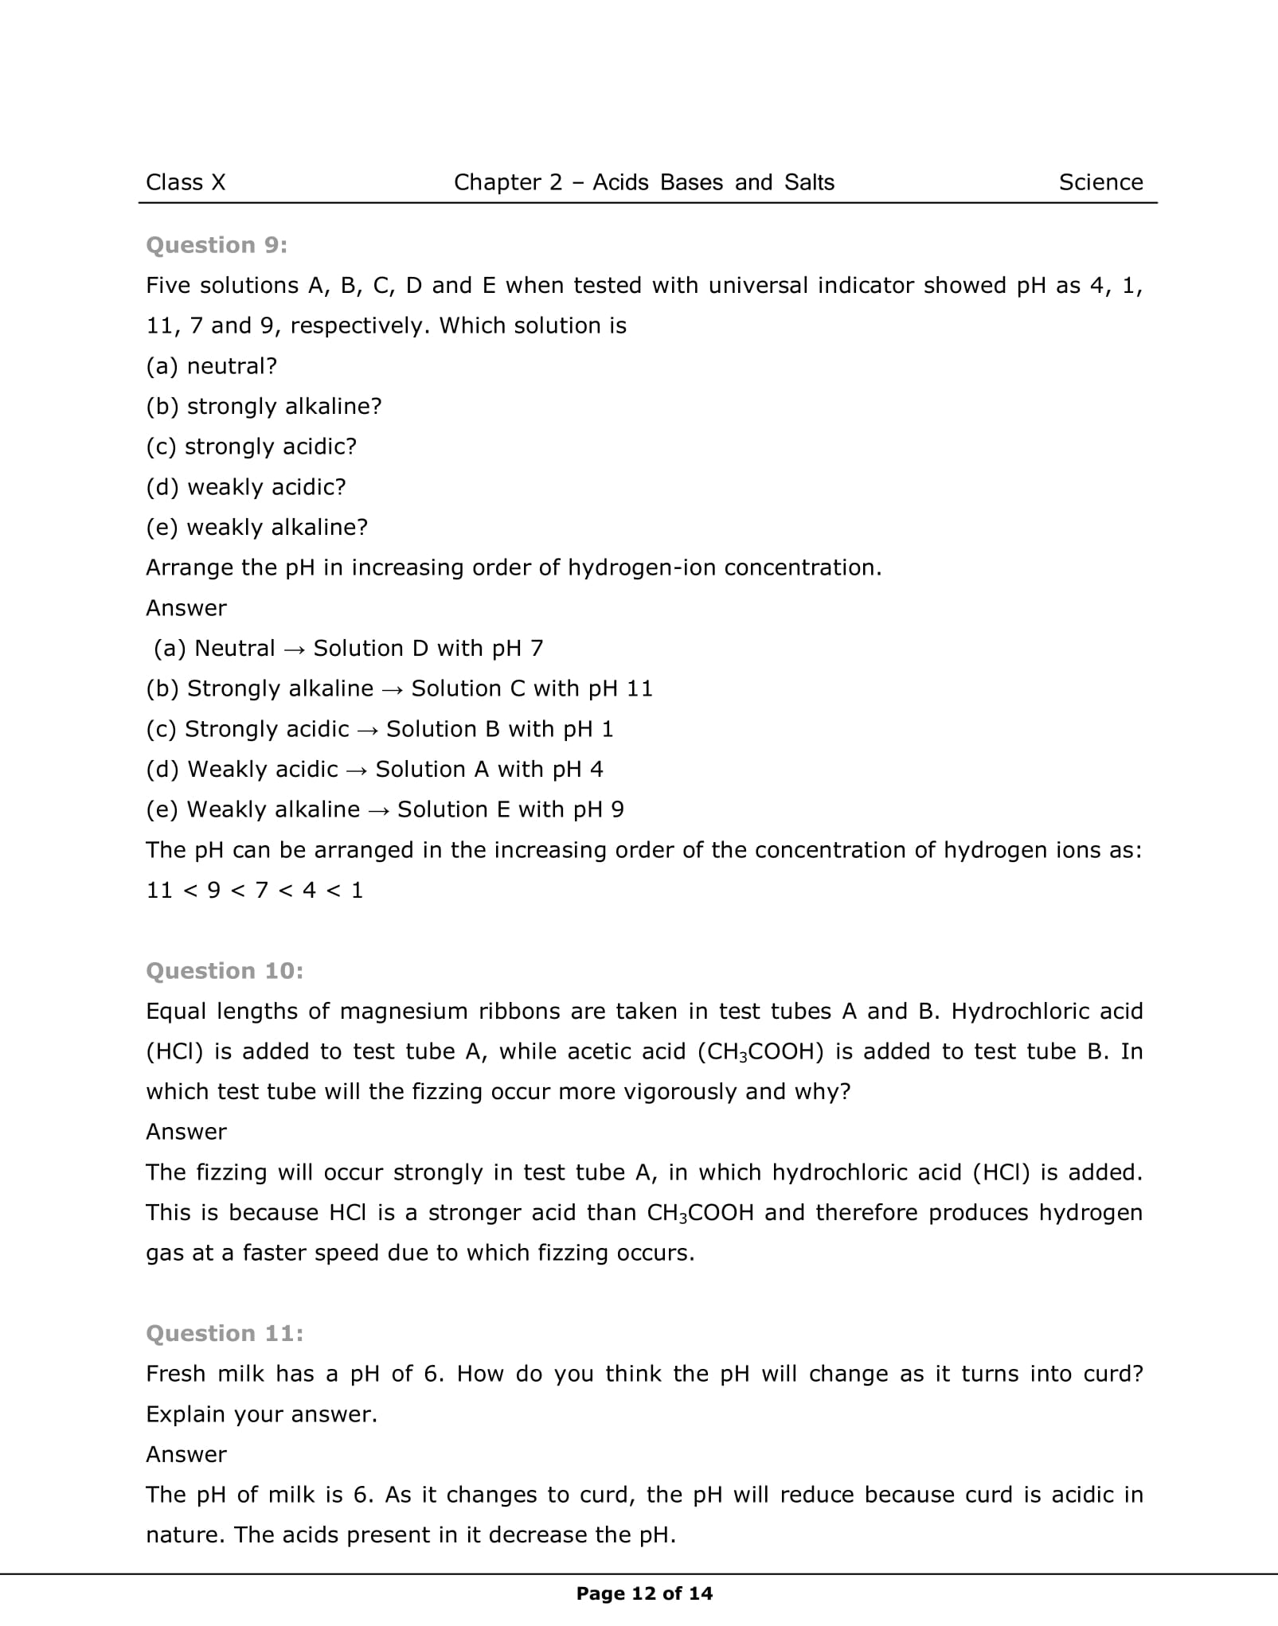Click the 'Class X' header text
[x=186, y=183]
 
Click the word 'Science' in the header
[x=1100, y=183]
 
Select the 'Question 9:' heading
[x=217, y=245]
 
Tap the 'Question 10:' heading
[x=225, y=971]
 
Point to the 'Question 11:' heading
[x=225, y=1333]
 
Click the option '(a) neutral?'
[x=211, y=366]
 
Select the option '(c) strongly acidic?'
[x=251, y=446]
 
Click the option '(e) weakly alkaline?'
[x=256, y=527]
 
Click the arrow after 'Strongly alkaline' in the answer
[x=392, y=689]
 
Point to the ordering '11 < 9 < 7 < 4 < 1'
[x=254, y=890]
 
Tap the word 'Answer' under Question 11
[x=186, y=1454]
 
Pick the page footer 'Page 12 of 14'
[x=644, y=1593]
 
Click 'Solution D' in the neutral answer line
[x=370, y=649]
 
